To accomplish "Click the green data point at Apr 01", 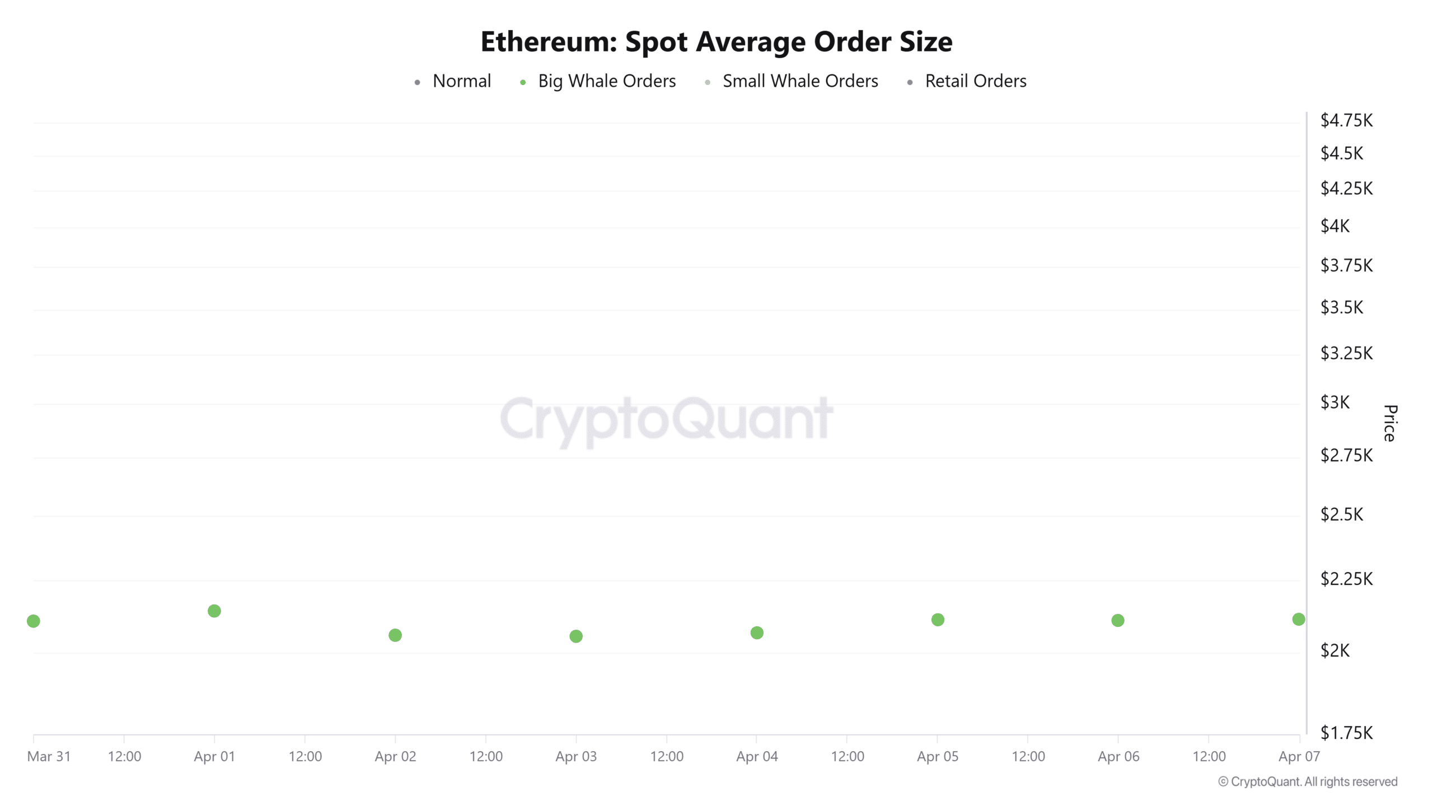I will click(214, 611).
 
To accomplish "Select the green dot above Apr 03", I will click(576, 636).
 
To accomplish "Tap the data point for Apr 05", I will click(938, 620).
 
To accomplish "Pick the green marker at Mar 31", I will click(34, 621).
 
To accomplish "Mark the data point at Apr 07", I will click(1299, 619).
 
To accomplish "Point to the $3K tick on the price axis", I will click(1335, 402).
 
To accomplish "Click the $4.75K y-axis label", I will click(1346, 120).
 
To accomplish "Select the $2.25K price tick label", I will click(1346, 579).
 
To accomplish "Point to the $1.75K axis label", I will click(1346, 733).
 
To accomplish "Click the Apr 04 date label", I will click(757, 757).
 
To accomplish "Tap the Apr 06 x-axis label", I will click(1118, 757).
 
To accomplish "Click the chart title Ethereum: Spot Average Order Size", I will click(716, 41).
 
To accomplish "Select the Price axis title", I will click(1390, 423).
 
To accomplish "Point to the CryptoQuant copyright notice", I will click(1308, 782).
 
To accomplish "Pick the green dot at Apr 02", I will click(395, 635).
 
